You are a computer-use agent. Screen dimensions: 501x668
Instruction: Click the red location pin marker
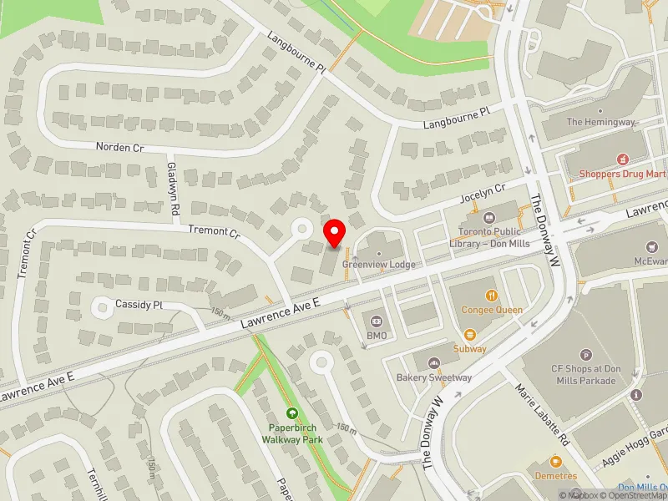[335, 232]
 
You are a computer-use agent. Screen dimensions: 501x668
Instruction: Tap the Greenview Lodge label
[378, 264]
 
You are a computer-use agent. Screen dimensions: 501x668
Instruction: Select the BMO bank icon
[377, 321]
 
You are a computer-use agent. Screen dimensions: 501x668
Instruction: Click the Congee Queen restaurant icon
[493, 295]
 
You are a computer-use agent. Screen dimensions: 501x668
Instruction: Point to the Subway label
[469, 348]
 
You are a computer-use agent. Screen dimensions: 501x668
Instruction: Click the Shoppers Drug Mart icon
[621, 159]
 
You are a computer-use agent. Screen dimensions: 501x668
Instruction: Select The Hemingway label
[600, 122]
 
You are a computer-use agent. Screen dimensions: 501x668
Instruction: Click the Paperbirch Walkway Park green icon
[292, 412]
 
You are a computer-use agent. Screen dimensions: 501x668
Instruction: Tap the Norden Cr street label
[119, 147]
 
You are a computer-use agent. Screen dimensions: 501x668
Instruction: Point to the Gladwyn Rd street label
[174, 176]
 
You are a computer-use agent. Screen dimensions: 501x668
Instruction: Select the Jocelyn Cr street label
[483, 195]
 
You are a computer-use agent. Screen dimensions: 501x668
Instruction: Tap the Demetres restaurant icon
[555, 461]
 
